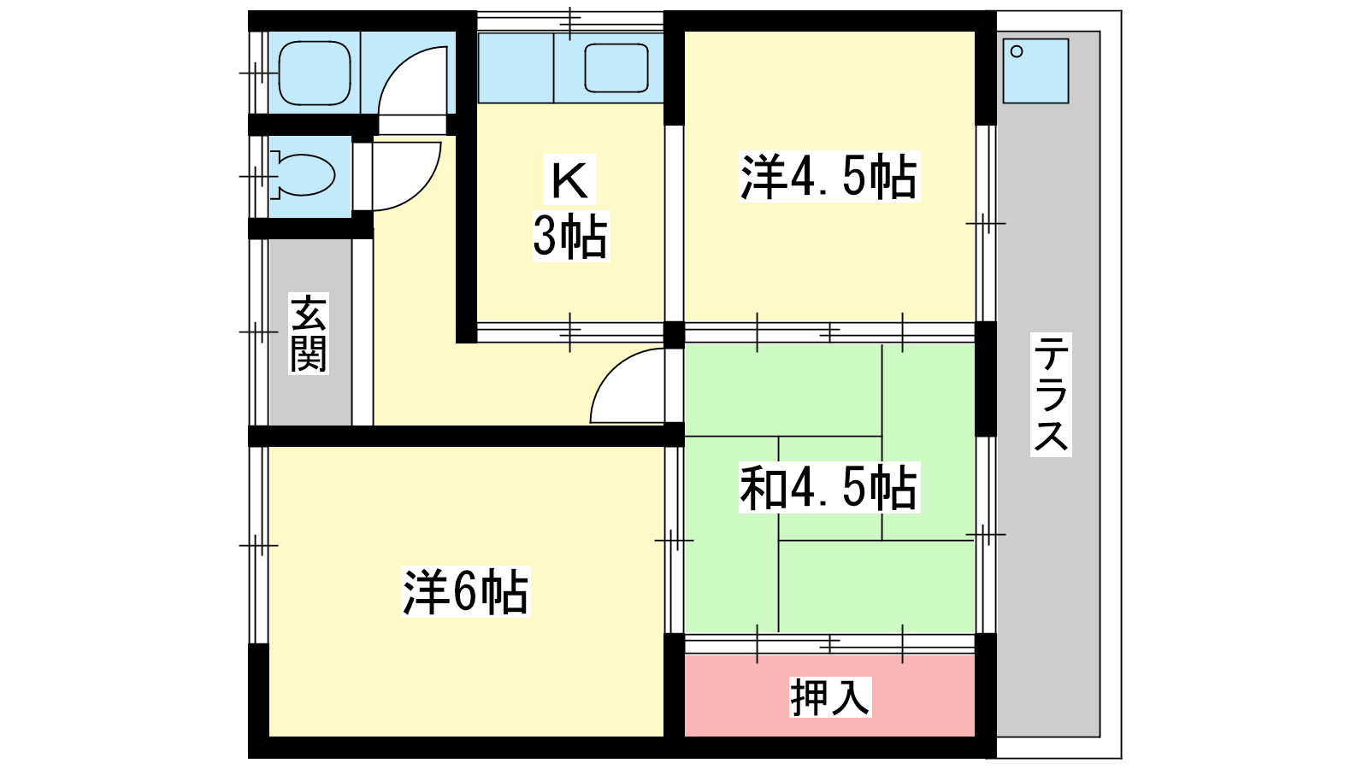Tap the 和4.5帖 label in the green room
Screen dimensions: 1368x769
pyautogui.click(x=828, y=488)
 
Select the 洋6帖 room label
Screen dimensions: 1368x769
pyautogui.click(x=465, y=591)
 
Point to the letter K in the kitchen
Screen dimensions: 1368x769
pyautogui.click(x=569, y=180)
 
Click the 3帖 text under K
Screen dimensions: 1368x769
pyautogui.click(x=570, y=236)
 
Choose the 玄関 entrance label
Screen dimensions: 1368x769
pyautogui.click(x=309, y=333)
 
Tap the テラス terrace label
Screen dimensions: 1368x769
pyautogui.click(x=1051, y=394)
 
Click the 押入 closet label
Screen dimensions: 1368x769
pyautogui.click(x=830, y=696)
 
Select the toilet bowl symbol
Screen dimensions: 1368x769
pyautogui.click(x=304, y=176)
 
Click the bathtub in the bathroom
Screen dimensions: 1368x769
pyautogui.click(x=315, y=73)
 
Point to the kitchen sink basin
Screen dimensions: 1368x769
pyautogui.click(x=616, y=68)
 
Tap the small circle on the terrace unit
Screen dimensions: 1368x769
pyautogui.click(x=1017, y=52)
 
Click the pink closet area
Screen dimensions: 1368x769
pyautogui.click(x=829, y=696)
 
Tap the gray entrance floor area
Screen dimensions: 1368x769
pyautogui.click(x=310, y=332)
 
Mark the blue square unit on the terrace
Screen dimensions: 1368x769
pyautogui.click(x=1035, y=71)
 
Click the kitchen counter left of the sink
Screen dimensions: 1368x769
pyautogui.click(x=516, y=68)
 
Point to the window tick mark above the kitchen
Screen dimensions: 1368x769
pyautogui.click(x=570, y=22)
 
